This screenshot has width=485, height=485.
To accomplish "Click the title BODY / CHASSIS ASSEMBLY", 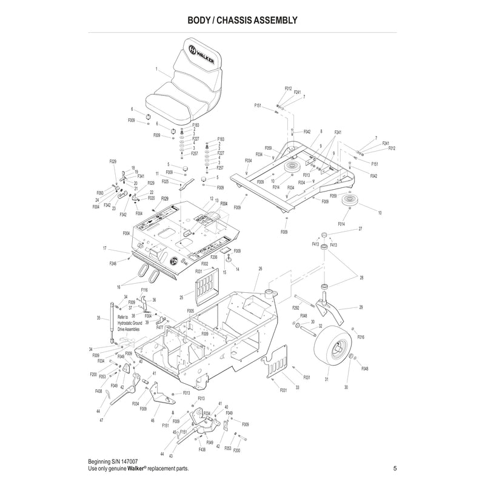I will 242,20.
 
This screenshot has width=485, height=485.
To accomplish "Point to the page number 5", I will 395,468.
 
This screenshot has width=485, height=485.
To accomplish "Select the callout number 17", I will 104,248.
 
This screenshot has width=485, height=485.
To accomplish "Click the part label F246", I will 113,263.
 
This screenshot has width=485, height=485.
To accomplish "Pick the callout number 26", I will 260,269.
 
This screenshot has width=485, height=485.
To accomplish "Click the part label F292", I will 295,308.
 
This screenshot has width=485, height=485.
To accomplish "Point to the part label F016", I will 361,336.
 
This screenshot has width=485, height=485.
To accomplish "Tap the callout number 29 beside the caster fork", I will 361,308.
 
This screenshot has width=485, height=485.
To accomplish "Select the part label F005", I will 190,310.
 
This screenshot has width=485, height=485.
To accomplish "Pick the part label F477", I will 160,327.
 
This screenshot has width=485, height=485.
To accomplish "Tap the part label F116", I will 144,290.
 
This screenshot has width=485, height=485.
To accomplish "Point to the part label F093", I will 99,193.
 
